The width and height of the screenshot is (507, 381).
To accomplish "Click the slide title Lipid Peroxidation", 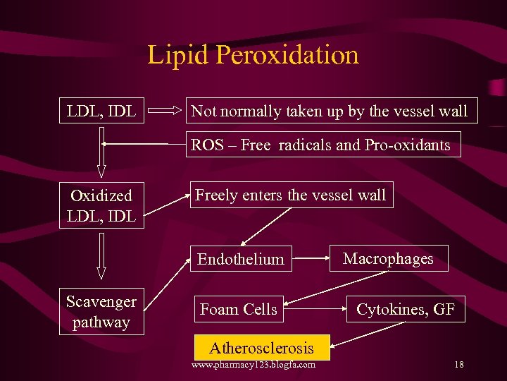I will coord(253,55).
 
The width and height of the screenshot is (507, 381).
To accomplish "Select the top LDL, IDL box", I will coord(101,111).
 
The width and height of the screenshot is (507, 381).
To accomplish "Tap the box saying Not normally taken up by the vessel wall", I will coord(330,111).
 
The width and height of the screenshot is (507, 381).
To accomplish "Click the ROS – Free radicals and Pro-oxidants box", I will coord(321,145).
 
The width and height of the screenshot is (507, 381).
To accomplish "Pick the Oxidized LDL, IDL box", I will coord(101,205).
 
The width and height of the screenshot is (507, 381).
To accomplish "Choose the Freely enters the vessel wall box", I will coord(290,195).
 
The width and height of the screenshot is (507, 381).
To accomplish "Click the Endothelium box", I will coord(241,259).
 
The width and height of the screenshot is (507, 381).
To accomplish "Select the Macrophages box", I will coord(388,258).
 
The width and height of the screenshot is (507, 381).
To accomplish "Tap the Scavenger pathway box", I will coord(101,311).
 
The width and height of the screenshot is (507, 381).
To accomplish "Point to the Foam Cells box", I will coord(239,309).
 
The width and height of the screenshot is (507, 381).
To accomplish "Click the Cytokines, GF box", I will coord(406,309).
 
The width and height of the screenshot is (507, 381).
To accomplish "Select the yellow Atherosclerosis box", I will coord(261,347).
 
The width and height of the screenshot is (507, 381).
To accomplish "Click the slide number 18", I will coord(458,365).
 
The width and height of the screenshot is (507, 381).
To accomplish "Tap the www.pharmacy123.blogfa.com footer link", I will coord(254,365).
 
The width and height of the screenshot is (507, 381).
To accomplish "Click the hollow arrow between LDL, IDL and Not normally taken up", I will coord(166,111).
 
